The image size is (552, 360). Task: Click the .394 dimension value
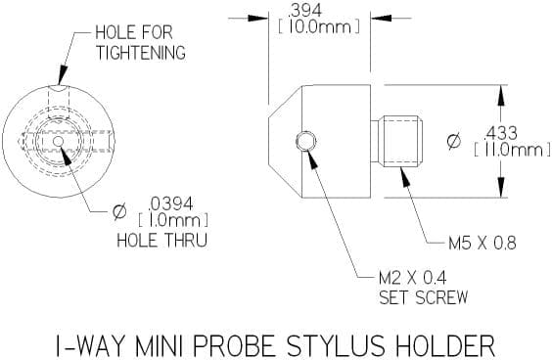coord(304,12)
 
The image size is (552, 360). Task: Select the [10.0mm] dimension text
coord(319,27)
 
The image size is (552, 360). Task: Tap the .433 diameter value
coord(500,133)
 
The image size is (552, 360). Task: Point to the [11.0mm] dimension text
coord(512,151)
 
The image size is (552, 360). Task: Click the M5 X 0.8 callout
coord(483,244)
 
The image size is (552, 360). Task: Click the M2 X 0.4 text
coord(413,278)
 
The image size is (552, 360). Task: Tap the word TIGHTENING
coord(141,53)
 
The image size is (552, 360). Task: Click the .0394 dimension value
coord(170,203)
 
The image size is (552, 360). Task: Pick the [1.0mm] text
coord(173,221)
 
